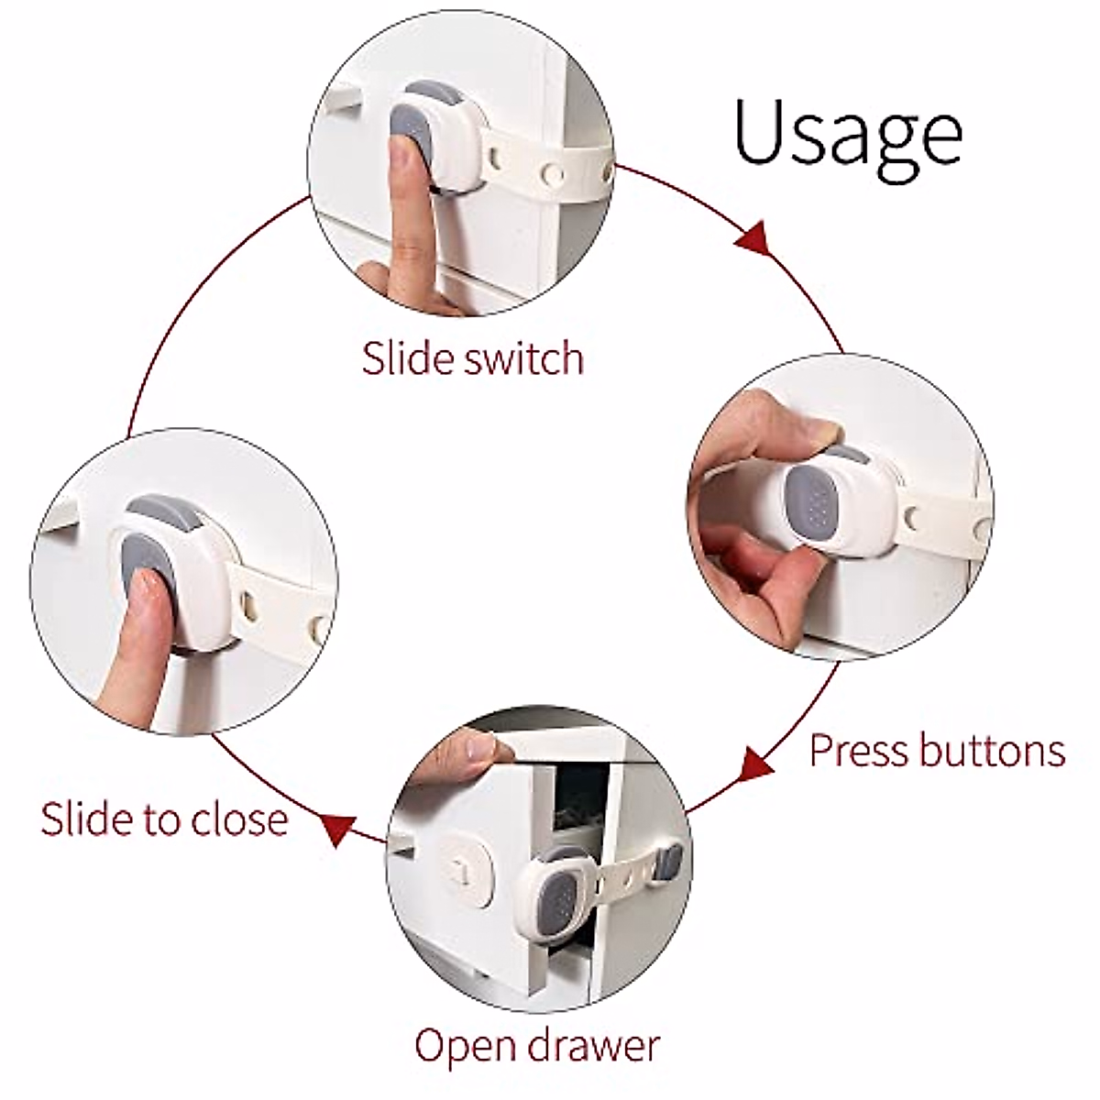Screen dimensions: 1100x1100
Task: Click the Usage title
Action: click(x=847, y=134)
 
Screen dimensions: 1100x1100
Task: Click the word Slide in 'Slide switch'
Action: click(x=407, y=357)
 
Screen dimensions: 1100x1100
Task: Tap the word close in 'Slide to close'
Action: click(x=242, y=819)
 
